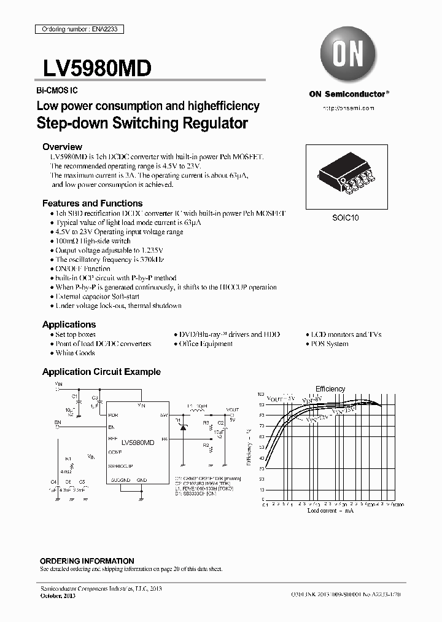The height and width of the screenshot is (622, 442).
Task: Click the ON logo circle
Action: pos(349,54)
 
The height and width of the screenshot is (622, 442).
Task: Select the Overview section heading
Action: pos(62,147)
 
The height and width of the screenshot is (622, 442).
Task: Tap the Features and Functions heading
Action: pos(92,203)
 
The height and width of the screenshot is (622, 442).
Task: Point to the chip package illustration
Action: pos(348,178)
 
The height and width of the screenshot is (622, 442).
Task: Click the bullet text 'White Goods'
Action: pos(75,353)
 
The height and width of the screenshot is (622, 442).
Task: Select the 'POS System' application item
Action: pos(329,344)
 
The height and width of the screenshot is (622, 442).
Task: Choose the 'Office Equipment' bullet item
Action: pos(206,344)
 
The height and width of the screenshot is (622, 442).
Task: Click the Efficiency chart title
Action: pos(330,388)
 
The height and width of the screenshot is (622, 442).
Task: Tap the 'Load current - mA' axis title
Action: pos(330,511)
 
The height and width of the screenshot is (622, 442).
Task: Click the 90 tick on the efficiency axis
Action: pos(262,405)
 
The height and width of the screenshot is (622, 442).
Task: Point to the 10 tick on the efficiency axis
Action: pos(262,490)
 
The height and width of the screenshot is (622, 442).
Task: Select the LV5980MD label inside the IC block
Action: pos(138,443)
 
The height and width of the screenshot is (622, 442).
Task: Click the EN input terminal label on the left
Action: pos(58,422)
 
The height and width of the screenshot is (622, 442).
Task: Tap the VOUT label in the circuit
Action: pos(233,409)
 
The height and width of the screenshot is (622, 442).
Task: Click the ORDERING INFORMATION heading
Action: pos(87,561)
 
